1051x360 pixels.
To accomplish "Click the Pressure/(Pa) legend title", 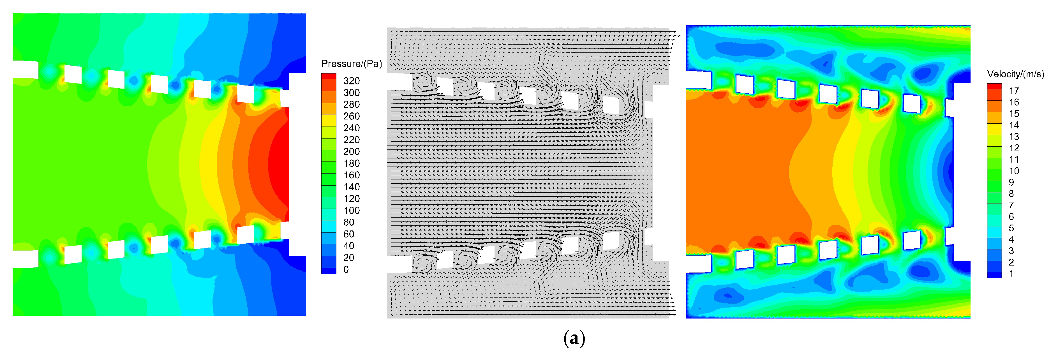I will point(351,64).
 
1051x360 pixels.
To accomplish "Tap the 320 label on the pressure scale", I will point(351,81).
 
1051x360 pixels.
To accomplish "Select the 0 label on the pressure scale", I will point(346,269).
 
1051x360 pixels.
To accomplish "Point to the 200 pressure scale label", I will point(351,151).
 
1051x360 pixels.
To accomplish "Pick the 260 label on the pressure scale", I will point(351,116).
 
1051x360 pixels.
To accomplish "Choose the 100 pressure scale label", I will point(351,211).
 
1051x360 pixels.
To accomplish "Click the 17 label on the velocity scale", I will point(1014,91).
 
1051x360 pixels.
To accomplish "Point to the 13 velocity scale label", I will point(1014,136).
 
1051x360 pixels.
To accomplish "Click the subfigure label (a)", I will point(574,338).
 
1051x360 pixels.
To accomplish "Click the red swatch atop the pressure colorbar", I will point(329,77).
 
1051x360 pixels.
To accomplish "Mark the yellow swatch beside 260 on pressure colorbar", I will point(329,120).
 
